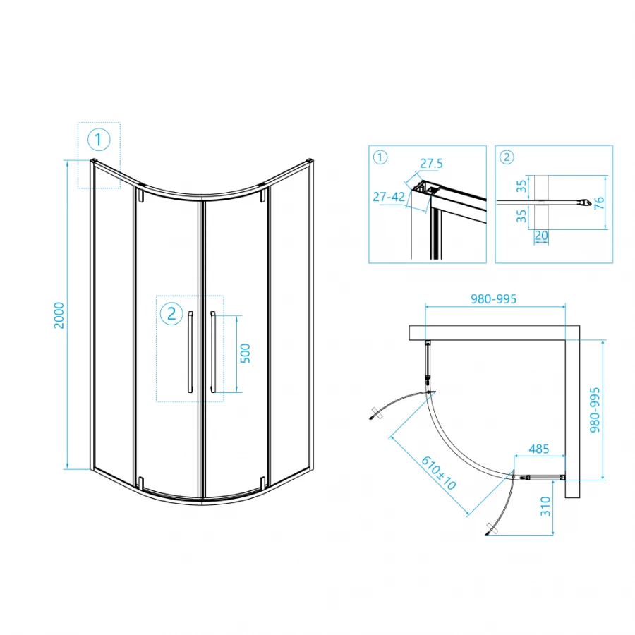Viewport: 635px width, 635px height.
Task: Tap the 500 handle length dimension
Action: [246, 353]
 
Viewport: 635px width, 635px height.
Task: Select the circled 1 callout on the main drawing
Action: [99, 140]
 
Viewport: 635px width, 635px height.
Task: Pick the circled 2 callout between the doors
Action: [171, 314]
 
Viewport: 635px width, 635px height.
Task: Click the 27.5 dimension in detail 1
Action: [431, 164]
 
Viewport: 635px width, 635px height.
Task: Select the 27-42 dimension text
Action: [389, 196]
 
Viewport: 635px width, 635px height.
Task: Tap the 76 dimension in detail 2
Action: [599, 202]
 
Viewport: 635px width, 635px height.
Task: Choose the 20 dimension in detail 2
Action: [541, 236]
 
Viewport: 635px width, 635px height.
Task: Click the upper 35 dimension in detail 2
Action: [521, 187]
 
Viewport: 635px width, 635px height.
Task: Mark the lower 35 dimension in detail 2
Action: [521, 214]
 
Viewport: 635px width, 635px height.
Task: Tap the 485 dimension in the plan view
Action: [538, 449]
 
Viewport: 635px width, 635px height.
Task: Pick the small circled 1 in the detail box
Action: [380, 157]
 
